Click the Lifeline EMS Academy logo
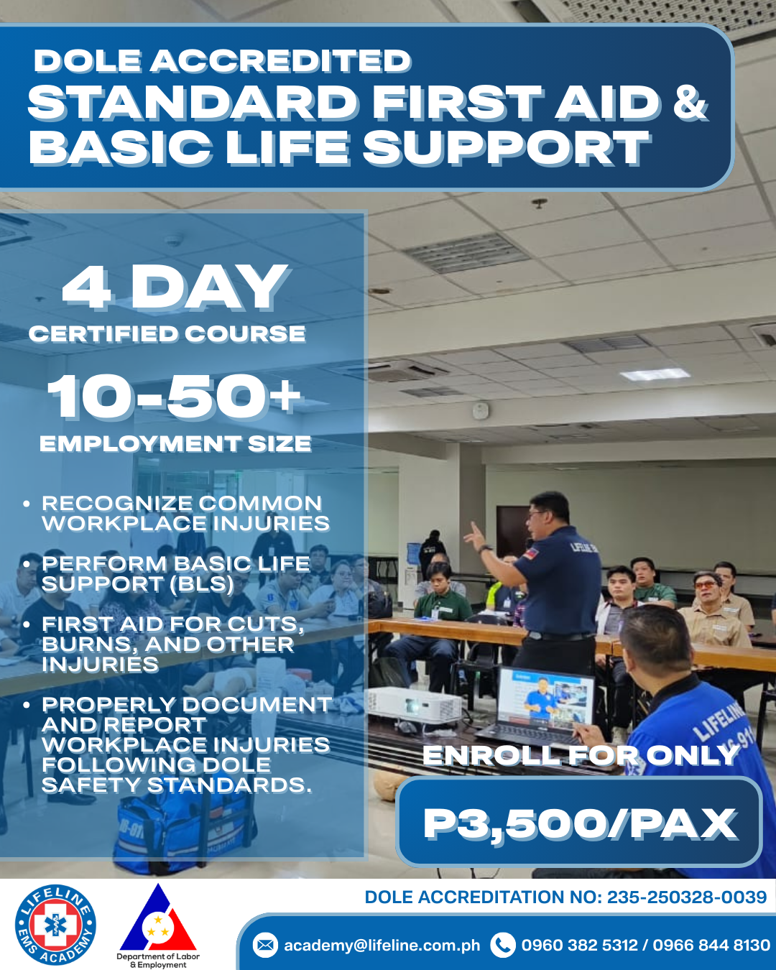tap(55, 925)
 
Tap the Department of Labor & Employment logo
tap(158, 922)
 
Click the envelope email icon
tap(265, 945)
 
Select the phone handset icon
tap(502, 945)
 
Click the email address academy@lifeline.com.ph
tap(382, 946)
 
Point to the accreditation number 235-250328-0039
tap(686, 897)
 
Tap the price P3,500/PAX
tap(579, 823)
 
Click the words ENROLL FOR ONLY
tap(581, 755)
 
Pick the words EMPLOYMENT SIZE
tap(175, 444)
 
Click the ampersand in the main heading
tap(690, 102)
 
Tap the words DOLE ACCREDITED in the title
tap(222, 61)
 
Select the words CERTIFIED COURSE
tap(167, 334)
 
